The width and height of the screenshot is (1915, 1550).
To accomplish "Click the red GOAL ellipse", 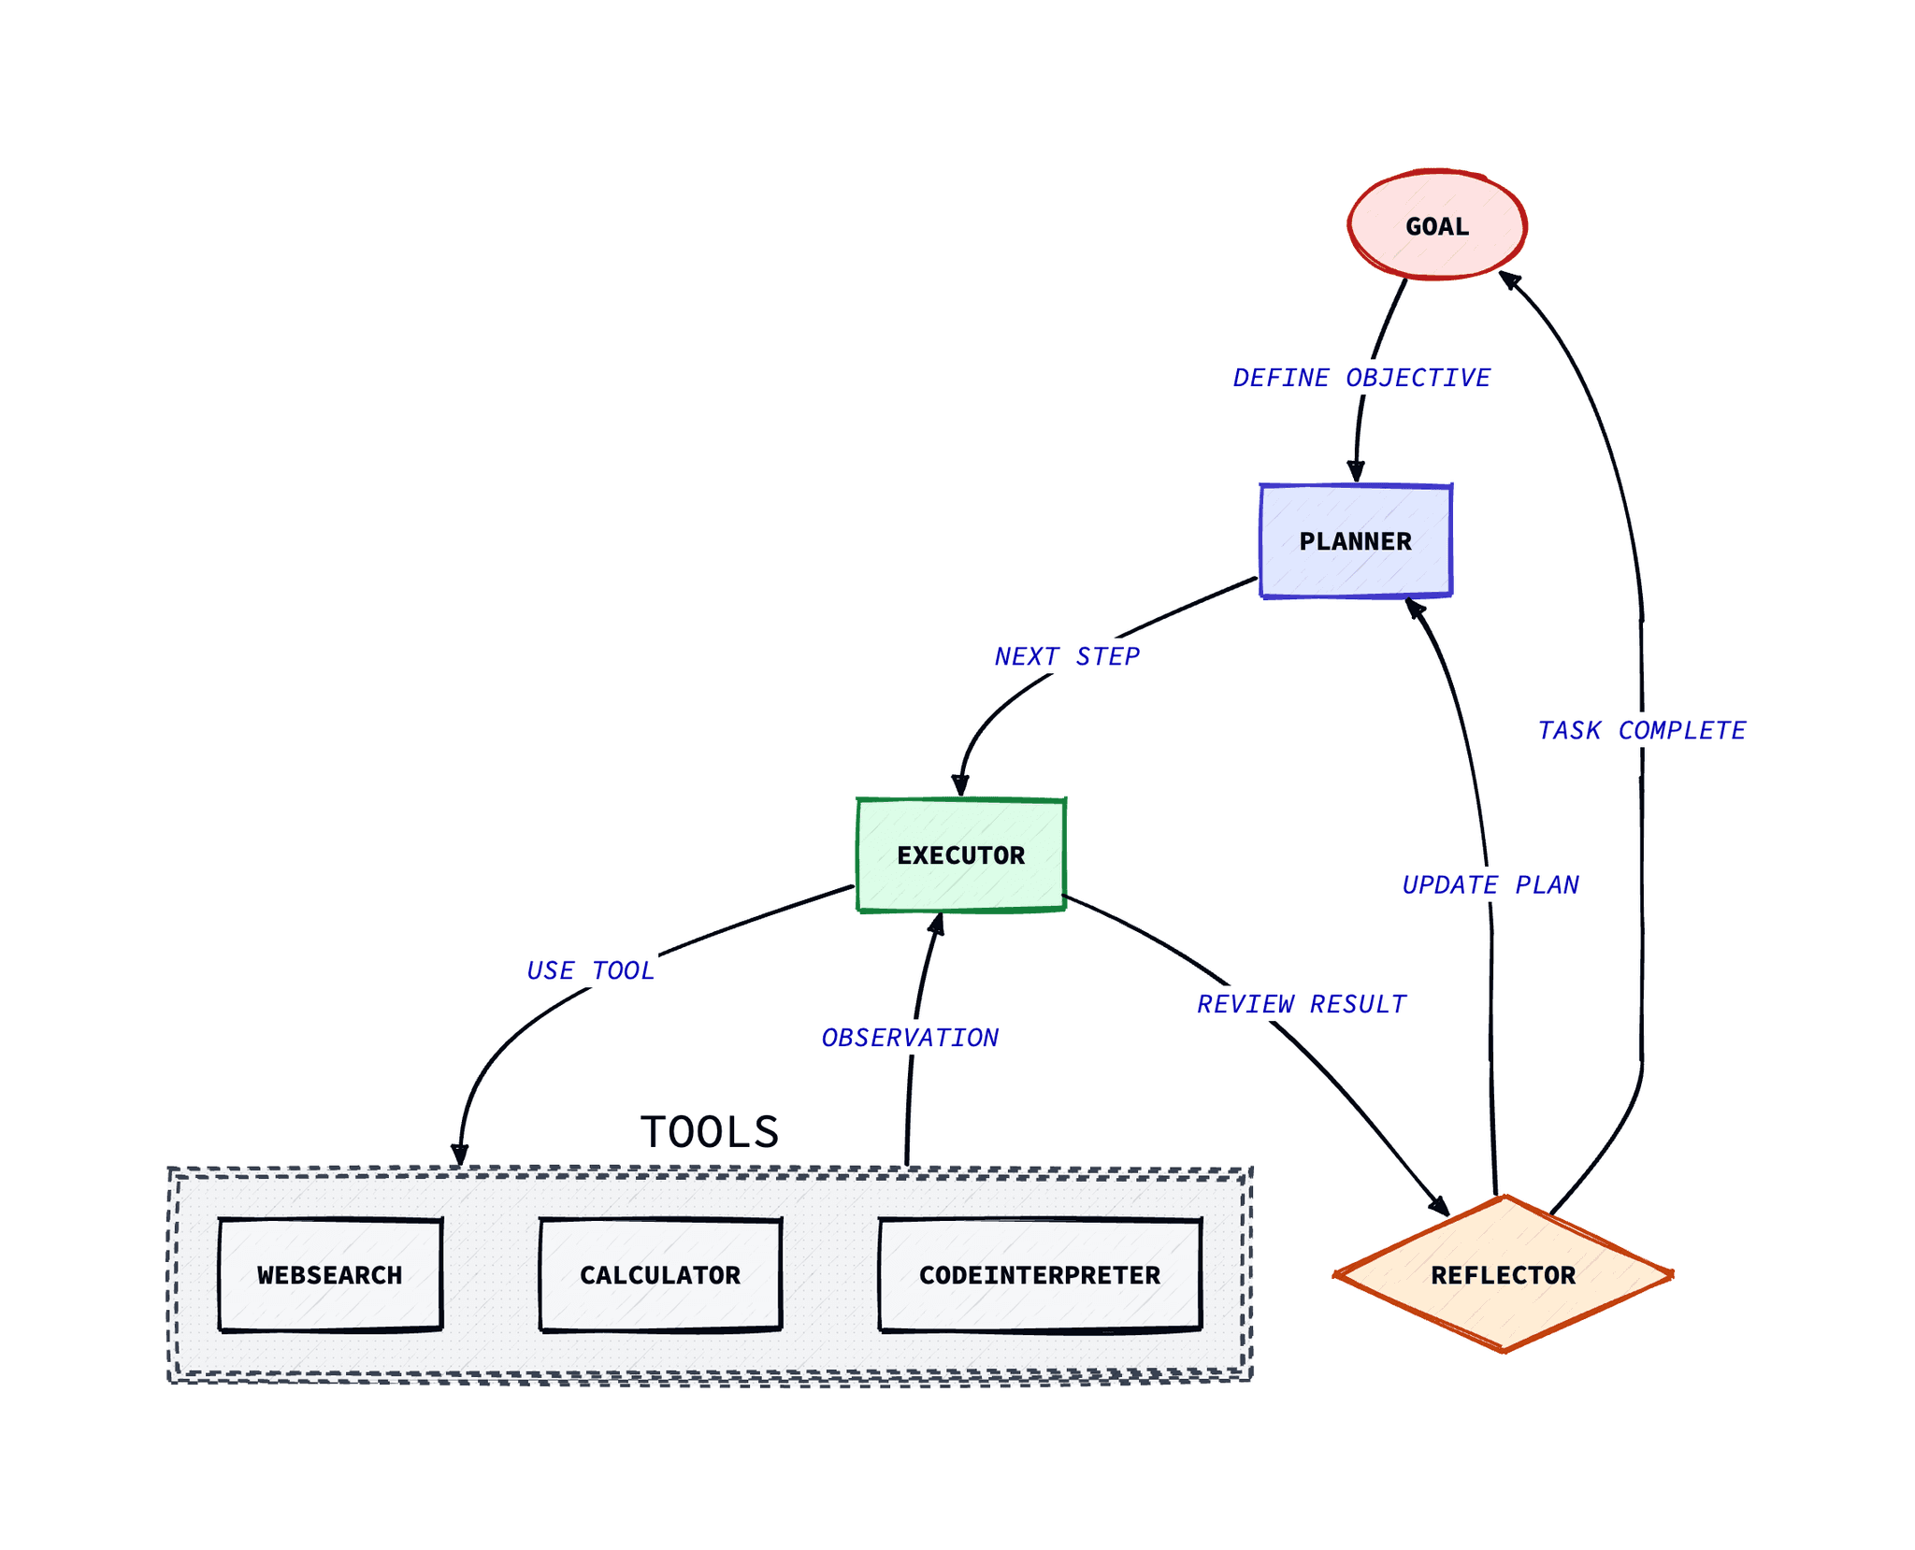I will (1436, 225).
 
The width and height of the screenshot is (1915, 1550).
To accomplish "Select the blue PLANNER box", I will (1355, 540).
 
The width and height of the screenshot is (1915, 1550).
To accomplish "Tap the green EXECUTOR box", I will (960, 854).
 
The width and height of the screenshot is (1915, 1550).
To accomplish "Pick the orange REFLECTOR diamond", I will (1503, 1273).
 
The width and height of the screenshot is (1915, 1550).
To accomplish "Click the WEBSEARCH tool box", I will (329, 1274).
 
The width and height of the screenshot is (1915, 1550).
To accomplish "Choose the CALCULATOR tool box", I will (659, 1274).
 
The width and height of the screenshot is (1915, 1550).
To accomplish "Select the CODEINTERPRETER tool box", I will (1039, 1274).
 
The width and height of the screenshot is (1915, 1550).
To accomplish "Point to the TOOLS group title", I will (709, 1131).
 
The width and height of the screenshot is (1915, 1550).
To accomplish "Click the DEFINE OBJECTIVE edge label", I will (1361, 378).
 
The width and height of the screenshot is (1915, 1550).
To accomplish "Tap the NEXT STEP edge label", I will (1066, 656).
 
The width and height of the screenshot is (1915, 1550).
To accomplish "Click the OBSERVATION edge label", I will (909, 1038).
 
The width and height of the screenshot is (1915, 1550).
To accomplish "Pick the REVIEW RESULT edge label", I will (1301, 1004).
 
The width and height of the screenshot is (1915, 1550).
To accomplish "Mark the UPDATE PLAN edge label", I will (1490, 884).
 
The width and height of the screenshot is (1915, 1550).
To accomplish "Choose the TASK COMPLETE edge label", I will (1641, 730).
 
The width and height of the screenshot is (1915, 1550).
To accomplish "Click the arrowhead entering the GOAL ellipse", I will (1507, 278).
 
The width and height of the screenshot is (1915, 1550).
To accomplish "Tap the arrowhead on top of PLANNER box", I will (1356, 473).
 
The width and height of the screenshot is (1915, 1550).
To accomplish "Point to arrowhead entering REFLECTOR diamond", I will (1440, 1206).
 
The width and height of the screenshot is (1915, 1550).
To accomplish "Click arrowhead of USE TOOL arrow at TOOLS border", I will (459, 1155).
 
